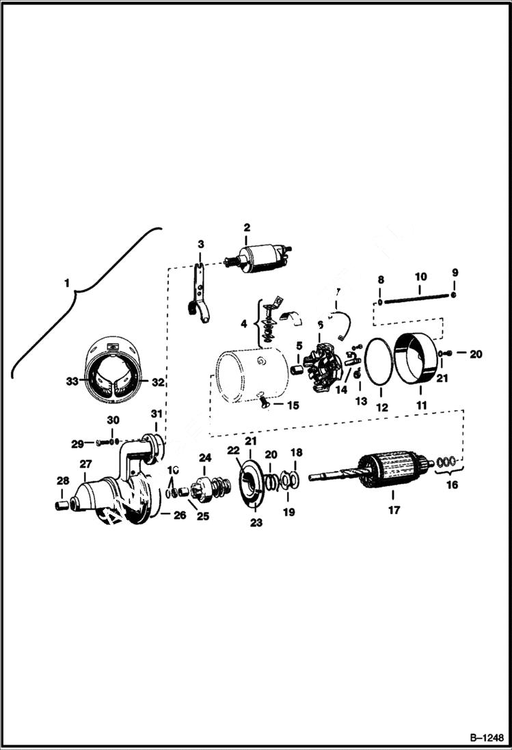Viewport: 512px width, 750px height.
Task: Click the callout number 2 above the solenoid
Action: click(247, 227)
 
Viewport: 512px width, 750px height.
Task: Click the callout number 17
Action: click(393, 509)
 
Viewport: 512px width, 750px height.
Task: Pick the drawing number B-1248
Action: click(486, 738)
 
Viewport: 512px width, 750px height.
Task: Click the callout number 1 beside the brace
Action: click(67, 282)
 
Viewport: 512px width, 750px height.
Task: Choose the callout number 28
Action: click(62, 480)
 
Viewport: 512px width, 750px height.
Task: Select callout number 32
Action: click(158, 381)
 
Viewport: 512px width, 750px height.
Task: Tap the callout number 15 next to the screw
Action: click(293, 405)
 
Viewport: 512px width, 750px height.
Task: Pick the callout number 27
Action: click(86, 464)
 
